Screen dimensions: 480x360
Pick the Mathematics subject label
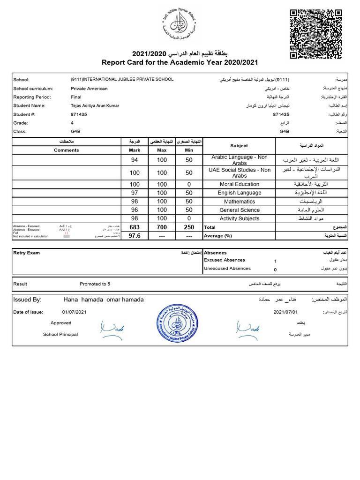(239, 202)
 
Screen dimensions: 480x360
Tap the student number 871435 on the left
(79, 114)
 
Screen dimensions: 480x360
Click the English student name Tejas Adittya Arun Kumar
(95, 105)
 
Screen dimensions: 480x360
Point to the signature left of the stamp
(111, 329)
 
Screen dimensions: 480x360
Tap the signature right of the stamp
(248, 329)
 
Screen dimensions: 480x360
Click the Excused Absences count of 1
(275, 261)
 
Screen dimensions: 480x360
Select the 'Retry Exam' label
(27, 253)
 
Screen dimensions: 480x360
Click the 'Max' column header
(162, 150)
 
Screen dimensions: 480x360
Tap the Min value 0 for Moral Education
(189, 184)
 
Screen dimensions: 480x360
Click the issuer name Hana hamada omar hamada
(103, 300)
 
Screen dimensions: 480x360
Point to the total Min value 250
(189, 227)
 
